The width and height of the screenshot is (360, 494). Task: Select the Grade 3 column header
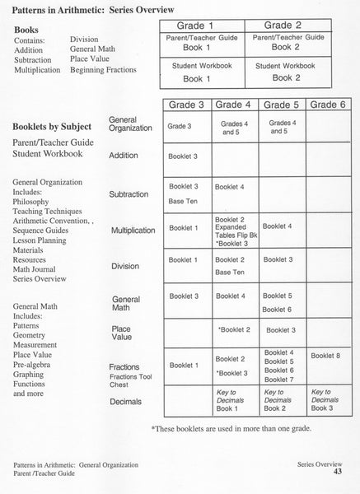187,105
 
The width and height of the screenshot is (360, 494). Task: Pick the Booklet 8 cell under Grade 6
325,356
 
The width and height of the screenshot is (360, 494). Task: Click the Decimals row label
125,401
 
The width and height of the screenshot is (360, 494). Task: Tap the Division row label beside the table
125,266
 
